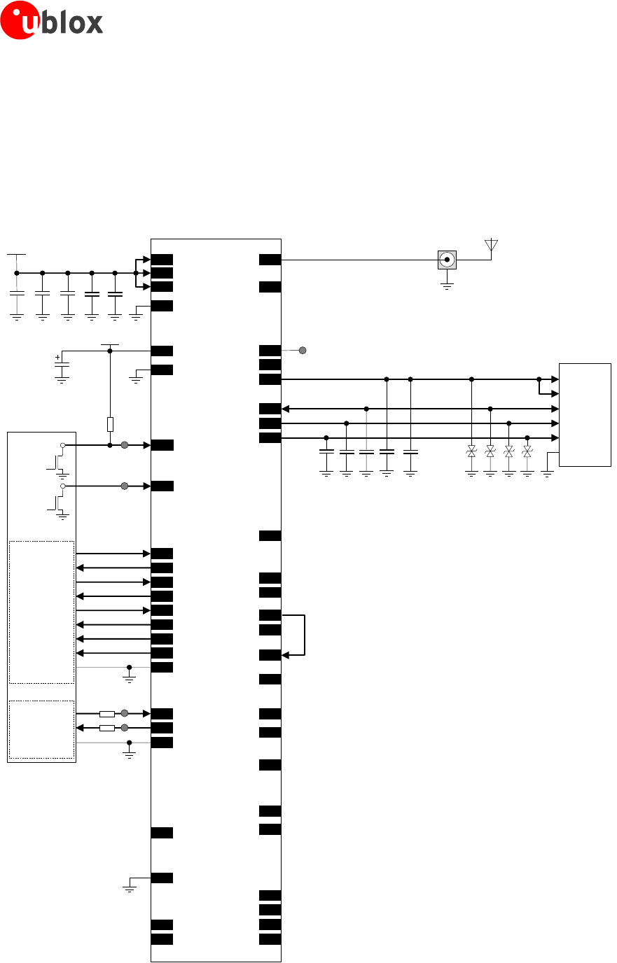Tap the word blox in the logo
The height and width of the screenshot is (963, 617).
pyautogui.click(x=71, y=23)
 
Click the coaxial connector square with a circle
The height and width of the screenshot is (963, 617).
pyautogui.click(x=447, y=260)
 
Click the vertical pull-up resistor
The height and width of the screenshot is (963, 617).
pyautogui.click(x=110, y=424)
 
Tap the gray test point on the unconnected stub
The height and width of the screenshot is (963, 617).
pyautogui.click(x=303, y=350)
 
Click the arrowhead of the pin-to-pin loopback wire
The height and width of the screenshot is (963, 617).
pyautogui.click(x=285, y=655)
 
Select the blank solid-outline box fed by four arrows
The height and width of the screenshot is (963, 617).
pyautogui.click(x=585, y=414)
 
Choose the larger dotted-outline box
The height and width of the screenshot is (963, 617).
pyautogui.click(x=41, y=611)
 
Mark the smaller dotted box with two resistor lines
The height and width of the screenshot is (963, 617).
pyautogui.click(x=41, y=729)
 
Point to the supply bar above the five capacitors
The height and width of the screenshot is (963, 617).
pyautogui.click(x=16, y=255)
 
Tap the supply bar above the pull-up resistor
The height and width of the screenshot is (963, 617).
pyautogui.click(x=110, y=344)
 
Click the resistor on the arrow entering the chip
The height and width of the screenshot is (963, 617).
pyautogui.click(x=107, y=713)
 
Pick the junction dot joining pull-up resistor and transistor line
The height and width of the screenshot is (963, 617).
pyautogui.click(x=110, y=445)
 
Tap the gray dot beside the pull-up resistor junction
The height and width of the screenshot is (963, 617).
pyautogui.click(x=125, y=445)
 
